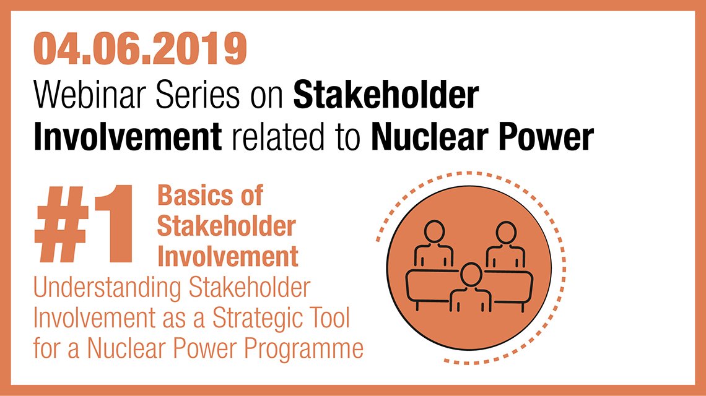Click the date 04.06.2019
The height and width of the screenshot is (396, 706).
(140, 49)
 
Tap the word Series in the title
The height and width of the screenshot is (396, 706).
(198, 95)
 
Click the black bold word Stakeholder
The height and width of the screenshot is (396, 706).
(386, 95)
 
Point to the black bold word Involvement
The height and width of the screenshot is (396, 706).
(128, 137)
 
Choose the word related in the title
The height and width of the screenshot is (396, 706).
(278, 137)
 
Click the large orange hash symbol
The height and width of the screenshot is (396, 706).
(62, 223)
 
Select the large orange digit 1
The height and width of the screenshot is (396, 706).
(113, 223)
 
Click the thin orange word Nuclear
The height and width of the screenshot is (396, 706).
(126, 348)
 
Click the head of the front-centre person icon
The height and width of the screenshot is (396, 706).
(471, 275)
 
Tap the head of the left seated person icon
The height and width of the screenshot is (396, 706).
(435, 232)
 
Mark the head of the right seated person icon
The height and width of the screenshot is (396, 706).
(506, 233)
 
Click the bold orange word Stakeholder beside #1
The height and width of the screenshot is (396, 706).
(227, 226)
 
